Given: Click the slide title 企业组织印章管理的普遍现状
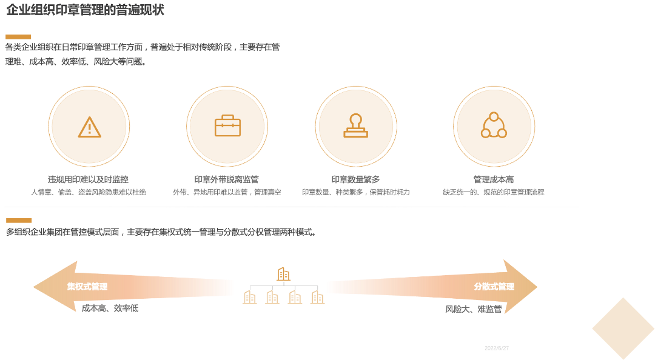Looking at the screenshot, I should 85,10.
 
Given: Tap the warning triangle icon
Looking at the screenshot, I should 90,127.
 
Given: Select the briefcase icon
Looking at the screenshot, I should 227,126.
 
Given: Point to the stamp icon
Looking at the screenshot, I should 356,126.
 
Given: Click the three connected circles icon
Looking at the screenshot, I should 494,126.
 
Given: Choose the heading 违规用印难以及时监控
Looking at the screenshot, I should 88,179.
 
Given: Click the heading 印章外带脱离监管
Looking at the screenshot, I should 226,179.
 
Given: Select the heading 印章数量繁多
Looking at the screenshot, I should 355,179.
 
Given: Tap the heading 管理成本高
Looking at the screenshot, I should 493,179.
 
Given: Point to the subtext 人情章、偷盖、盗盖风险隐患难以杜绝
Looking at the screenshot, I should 88,192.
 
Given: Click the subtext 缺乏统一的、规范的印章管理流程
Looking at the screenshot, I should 493,192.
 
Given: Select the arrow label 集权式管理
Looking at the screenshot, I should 87,287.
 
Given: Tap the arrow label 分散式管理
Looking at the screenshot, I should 494,287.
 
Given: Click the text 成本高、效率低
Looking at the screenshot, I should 110,308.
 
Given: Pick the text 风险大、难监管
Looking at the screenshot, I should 473,309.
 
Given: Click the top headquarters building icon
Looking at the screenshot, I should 283,274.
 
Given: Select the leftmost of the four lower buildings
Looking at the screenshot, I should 249,296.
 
